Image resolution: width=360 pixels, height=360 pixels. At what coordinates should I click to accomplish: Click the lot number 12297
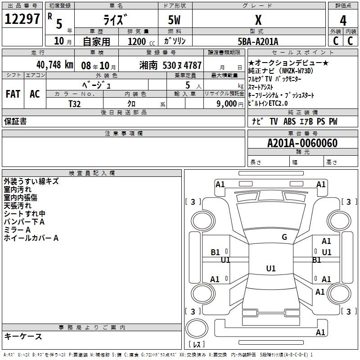point(22,19)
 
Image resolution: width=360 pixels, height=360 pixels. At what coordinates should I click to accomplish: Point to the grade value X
point(258,20)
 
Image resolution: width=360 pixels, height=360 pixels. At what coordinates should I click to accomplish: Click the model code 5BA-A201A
point(258,41)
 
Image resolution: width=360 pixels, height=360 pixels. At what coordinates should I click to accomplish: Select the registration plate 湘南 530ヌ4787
point(171,65)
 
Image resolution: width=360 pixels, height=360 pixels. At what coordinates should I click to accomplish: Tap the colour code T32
point(75,103)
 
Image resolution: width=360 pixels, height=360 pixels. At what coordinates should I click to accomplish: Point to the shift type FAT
point(13,94)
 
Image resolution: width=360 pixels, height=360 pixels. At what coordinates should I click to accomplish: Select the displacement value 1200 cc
point(140,41)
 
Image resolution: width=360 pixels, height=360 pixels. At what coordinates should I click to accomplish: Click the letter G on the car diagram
point(284,237)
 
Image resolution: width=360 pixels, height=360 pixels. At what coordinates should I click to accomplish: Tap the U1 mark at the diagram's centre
point(270,269)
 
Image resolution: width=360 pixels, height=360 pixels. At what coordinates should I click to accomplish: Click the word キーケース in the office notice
point(23,336)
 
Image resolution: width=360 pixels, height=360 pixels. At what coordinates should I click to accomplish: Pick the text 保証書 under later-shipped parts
point(15,121)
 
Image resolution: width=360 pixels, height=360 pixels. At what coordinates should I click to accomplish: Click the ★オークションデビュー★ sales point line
point(288,63)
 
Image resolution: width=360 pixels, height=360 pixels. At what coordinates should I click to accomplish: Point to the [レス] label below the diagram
point(198,345)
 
